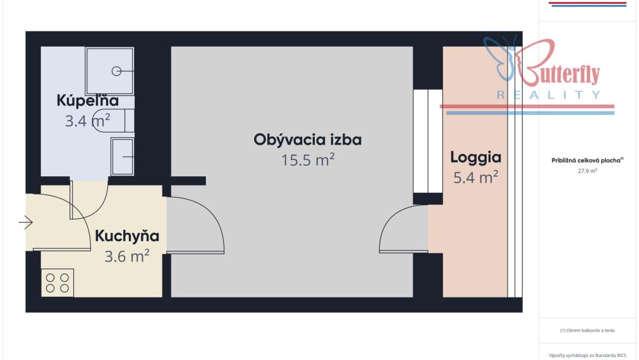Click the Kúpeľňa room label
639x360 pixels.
tap(87, 101)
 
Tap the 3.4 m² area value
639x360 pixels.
tap(87, 121)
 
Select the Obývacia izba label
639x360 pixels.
tap(308, 140)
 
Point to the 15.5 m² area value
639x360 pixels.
tap(308, 160)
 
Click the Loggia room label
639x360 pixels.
tap(475, 158)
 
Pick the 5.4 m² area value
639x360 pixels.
tap(475, 177)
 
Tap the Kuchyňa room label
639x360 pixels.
tap(127, 236)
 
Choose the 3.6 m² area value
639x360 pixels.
tap(127, 256)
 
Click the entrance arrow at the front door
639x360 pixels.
tap(26, 222)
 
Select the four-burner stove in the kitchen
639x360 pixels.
tap(58, 282)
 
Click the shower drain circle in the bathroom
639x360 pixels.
tap(116, 71)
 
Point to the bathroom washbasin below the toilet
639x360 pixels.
tap(122, 157)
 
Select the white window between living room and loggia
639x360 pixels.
tap(428, 141)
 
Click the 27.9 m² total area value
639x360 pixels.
tap(587, 171)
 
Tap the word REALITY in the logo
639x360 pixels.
tap(549, 95)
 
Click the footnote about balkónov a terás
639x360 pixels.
tap(587, 330)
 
